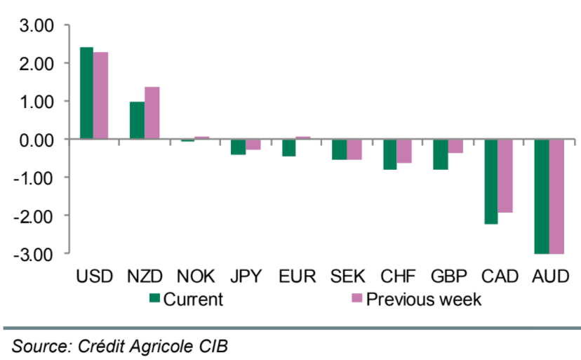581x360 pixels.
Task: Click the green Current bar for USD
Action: pos(86,93)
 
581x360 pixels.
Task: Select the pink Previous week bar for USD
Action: pos(101,96)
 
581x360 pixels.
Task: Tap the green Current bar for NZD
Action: pos(137,121)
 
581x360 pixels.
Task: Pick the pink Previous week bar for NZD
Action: pos(152,113)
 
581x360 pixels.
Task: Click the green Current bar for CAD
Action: pos(490,182)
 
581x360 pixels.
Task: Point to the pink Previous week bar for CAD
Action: pos(505,176)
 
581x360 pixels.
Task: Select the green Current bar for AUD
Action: pos(541,196)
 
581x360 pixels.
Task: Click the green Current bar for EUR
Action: pos(288,147)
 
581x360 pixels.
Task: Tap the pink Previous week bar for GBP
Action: pos(455,146)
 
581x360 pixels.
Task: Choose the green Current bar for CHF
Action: pos(389,154)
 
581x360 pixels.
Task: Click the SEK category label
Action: pos(347,276)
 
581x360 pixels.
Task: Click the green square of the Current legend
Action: pos(155,298)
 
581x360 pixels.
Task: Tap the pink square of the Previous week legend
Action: pos(356,298)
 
